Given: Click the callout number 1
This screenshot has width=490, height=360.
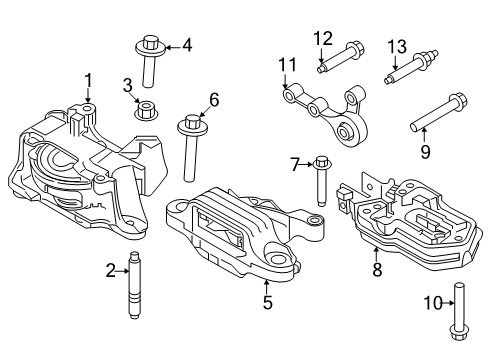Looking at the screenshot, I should coord(88,80).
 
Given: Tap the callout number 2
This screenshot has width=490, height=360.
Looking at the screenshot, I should coord(111,269).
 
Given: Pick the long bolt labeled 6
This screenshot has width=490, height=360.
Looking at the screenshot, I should coord(190,145).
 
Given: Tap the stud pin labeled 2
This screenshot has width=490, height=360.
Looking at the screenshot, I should coord(135,286).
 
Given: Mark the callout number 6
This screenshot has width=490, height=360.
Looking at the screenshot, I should coord(213,99).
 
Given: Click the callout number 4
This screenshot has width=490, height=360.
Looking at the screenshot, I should coord(186,44).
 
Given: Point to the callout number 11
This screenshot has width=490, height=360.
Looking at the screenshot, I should coord(288,66).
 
